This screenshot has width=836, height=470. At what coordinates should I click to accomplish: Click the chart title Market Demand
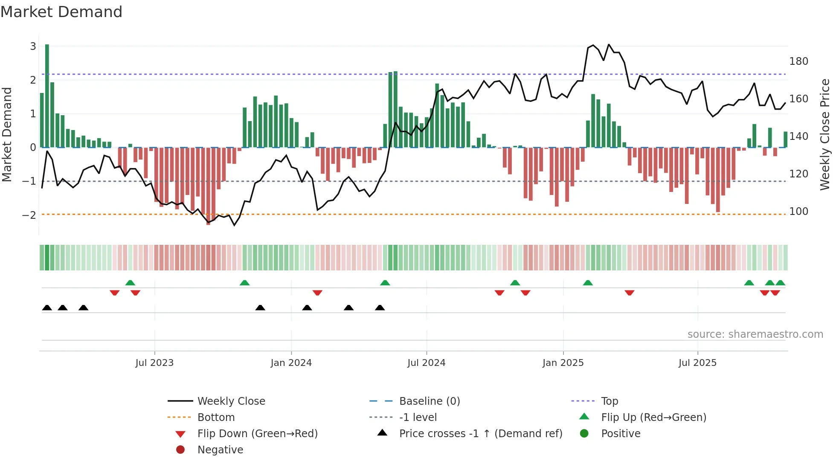click(61, 12)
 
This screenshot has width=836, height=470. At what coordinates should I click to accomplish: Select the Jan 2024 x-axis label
click(291, 363)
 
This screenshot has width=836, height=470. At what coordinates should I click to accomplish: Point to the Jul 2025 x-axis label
click(697, 363)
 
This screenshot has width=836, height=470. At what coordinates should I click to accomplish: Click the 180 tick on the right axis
click(798, 61)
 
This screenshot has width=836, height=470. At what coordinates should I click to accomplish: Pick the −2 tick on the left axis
click(29, 215)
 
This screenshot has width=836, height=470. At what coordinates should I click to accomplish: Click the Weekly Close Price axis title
click(825, 134)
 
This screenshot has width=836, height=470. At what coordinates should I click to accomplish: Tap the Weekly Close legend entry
click(231, 401)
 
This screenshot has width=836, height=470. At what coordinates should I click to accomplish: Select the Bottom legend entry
click(216, 418)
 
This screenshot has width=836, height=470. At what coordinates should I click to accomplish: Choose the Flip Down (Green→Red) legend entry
click(257, 434)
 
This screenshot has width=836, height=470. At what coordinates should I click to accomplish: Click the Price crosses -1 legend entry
click(480, 434)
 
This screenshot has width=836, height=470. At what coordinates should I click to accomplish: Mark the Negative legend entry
click(220, 450)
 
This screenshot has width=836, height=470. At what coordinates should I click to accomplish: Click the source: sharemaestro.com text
click(755, 334)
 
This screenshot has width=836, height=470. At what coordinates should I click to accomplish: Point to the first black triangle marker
click(47, 308)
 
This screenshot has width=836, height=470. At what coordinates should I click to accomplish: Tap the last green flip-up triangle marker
click(780, 283)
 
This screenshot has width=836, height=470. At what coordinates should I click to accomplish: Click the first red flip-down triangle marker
click(114, 293)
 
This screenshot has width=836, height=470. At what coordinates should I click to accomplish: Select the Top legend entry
click(609, 401)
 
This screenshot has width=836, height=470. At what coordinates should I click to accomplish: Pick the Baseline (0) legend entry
click(429, 401)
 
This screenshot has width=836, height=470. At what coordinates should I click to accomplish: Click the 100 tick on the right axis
click(798, 212)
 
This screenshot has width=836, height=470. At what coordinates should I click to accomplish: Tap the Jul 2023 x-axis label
click(154, 363)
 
